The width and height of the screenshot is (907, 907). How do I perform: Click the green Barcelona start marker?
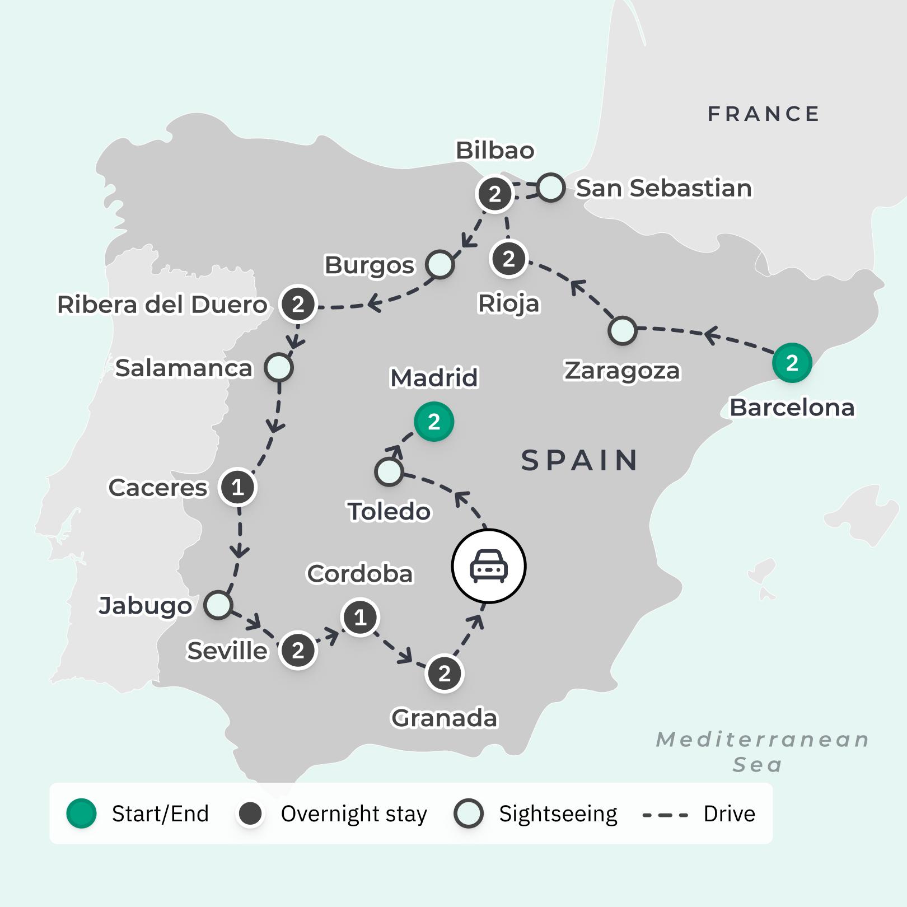point(792,363)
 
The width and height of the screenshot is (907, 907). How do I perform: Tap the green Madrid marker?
point(434,422)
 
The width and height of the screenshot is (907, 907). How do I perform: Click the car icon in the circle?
point(489,566)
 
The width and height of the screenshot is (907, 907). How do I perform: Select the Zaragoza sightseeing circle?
point(622,330)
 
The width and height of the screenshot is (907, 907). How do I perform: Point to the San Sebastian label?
point(663,188)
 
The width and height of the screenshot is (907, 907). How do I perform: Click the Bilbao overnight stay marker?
point(494,194)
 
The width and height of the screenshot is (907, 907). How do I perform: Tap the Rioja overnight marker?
point(508,259)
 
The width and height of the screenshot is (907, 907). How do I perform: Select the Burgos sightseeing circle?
point(440,264)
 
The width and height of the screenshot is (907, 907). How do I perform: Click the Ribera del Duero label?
point(162,305)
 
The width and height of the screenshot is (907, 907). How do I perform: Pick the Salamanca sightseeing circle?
point(279,368)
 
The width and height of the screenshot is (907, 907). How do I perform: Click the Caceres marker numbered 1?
point(238,487)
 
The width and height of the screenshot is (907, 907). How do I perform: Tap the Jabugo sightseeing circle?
point(218,605)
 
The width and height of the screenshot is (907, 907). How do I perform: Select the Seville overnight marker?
point(298,651)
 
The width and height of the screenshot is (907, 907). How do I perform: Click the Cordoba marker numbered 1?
point(360,618)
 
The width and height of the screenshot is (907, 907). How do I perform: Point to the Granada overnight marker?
point(445,674)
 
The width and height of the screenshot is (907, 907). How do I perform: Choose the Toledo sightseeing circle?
point(389,471)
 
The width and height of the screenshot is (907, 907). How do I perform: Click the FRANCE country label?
point(764,114)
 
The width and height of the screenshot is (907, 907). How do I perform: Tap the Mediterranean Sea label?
point(762,751)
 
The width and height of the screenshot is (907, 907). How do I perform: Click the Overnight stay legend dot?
point(250,814)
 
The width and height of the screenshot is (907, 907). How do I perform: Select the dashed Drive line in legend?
point(665,815)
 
